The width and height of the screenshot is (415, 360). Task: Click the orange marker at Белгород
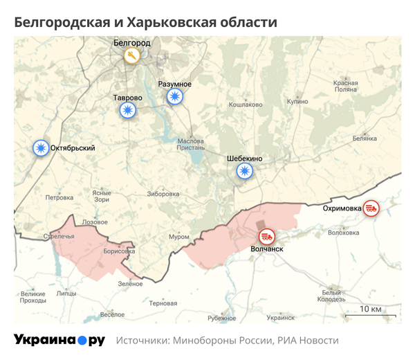pyautogui.click(x=131, y=56)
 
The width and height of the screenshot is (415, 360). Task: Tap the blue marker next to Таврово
pyautogui.click(x=127, y=110)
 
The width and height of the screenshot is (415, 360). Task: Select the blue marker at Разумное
pyautogui.click(x=175, y=97)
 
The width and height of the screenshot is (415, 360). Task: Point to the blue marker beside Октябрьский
pyautogui.click(x=41, y=147)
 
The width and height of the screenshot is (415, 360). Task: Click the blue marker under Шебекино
pyautogui.click(x=244, y=171)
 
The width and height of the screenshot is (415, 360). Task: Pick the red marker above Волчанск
pyautogui.click(x=267, y=236)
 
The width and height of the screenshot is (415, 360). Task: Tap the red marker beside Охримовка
pyautogui.click(x=371, y=208)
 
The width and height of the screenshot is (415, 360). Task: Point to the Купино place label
pyautogui.click(x=297, y=101)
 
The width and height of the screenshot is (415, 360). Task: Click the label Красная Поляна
pyautogui.click(x=345, y=86)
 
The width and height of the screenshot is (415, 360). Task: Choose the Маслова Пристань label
pyautogui.click(x=191, y=143)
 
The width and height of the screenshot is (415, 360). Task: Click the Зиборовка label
pyautogui.click(x=163, y=193)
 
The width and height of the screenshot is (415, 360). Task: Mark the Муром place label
pyautogui.click(x=179, y=237)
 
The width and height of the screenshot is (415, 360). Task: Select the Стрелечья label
pyautogui.click(x=58, y=237)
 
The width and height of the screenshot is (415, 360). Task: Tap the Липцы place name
pyautogui.click(x=66, y=294)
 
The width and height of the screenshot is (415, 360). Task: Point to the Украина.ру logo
pyautogui.click(x=59, y=340)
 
